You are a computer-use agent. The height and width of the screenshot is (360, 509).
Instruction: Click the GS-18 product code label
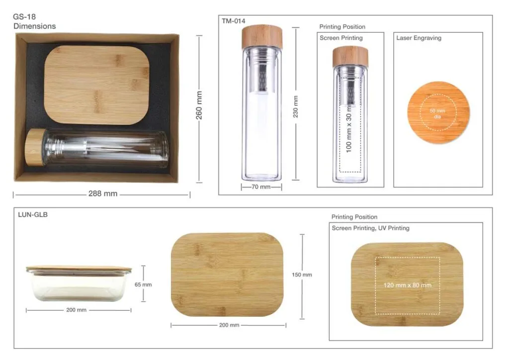24,16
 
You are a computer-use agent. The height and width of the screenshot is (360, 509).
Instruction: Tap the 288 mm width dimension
102,193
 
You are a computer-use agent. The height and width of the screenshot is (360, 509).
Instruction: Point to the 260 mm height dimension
199,105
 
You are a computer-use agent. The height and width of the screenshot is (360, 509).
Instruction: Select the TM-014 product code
234,21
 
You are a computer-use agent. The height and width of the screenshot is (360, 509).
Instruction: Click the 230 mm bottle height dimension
295,106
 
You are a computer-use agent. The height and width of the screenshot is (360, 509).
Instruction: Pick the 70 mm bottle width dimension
261,186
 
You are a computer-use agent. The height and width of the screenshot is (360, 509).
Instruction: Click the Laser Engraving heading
419,38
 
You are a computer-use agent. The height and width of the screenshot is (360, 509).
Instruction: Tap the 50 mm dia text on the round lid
437,113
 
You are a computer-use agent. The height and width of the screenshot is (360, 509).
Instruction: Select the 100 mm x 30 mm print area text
349,129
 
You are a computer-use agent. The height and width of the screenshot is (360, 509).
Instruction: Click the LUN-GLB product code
33,215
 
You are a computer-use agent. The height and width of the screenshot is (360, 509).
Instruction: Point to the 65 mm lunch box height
143,285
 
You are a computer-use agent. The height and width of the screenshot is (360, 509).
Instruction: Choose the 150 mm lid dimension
302,274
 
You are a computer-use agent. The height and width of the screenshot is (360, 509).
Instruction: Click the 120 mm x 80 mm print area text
408,285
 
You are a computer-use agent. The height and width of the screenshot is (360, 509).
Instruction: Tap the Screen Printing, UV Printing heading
370,228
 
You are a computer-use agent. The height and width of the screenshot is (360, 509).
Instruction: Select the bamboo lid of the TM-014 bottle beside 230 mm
262,37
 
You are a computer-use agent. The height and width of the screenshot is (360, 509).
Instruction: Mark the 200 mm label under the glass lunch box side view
76,310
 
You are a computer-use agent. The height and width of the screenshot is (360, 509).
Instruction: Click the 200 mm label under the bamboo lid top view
229,325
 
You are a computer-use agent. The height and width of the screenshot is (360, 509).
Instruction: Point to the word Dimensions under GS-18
34,26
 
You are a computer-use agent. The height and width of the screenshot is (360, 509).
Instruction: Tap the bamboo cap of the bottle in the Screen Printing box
350,57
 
